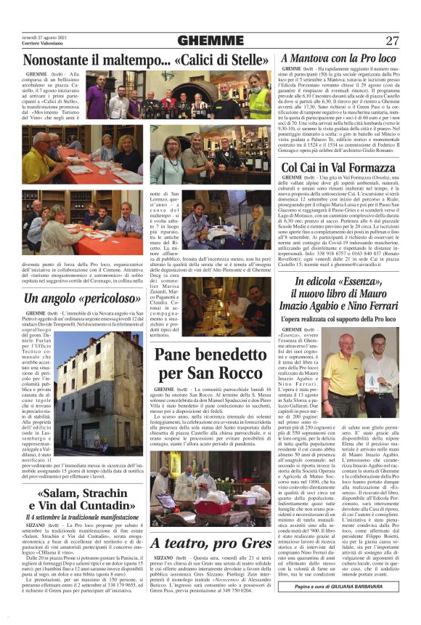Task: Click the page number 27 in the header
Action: pos(392,40)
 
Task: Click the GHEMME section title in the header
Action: pos(210,40)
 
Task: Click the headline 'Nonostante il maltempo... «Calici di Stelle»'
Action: pos(146,60)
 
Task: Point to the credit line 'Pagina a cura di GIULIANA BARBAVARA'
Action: pos(348,586)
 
